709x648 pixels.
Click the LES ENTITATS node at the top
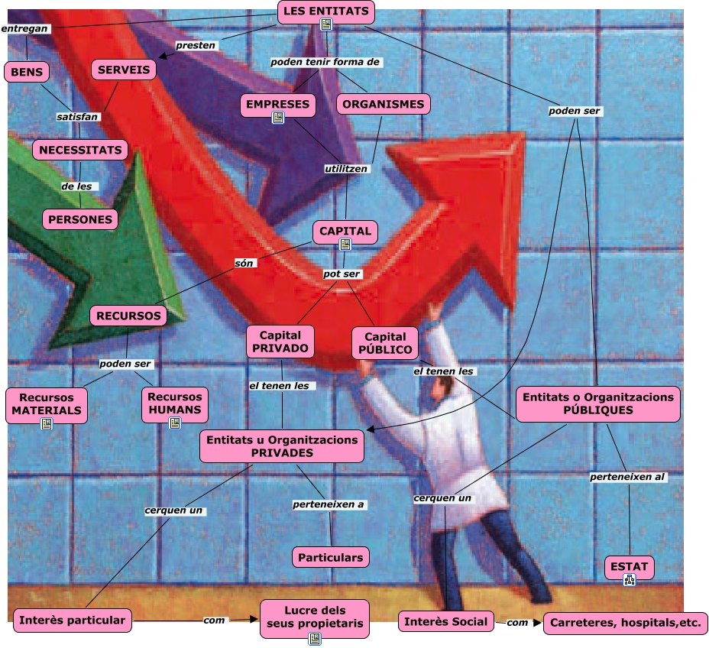(x=325, y=11)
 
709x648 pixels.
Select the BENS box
(x=27, y=72)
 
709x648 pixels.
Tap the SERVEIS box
(x=125, y=70)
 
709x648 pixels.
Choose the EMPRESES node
(x=278, y=104)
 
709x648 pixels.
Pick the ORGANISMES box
(x=383, y=104)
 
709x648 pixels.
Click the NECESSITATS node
(x=79, y=150)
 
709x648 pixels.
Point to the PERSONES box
(x=80, y=219)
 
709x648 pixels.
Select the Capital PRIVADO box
(x=279, y=341)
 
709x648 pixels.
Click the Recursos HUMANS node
(x=175, y=403)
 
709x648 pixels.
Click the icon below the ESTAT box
(x=629, y=580)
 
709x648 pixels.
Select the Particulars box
(x=331, y=557)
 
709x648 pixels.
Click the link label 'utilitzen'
(x=345, y=168)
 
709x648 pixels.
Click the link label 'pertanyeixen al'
(x=627, y=477)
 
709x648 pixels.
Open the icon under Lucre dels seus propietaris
(x=315, y=639)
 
